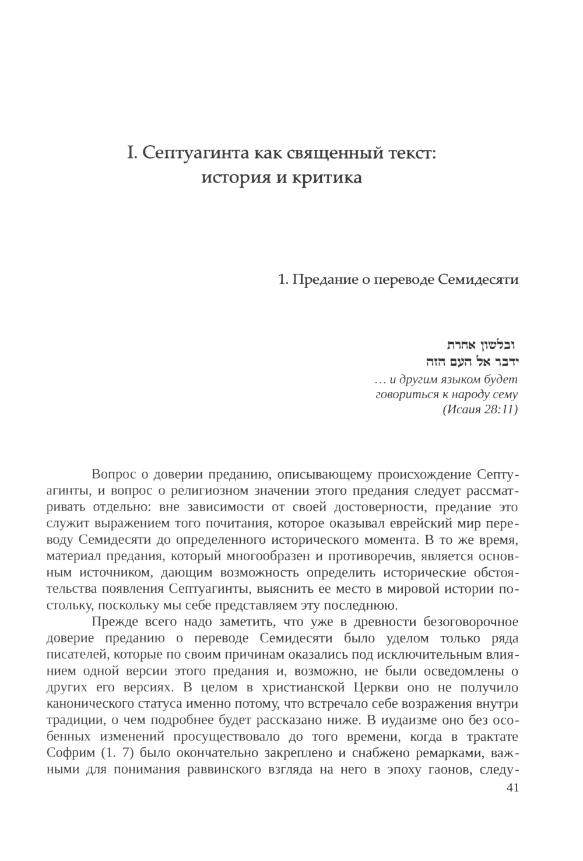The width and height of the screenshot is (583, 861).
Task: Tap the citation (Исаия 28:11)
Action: coord(480,409)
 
